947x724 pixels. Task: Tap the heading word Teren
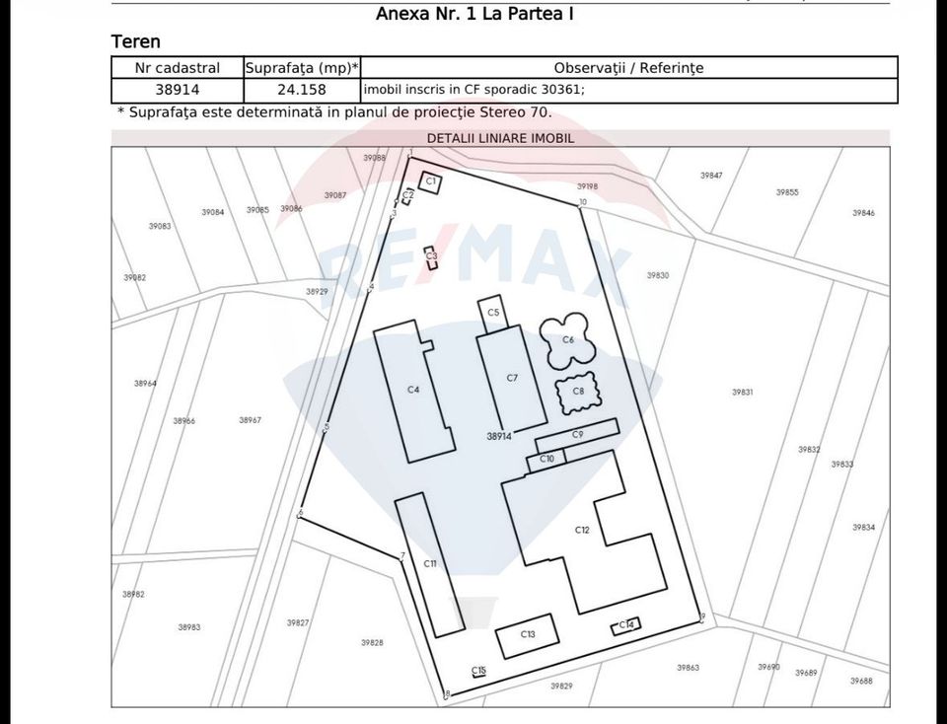(136, 41)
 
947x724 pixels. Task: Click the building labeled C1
(430, 182)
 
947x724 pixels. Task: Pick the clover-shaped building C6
(567, 339)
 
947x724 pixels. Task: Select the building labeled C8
(578, 392)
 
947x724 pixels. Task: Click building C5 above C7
(493, 313)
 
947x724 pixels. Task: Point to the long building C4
(413, 390)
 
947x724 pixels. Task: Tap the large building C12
(582, 530)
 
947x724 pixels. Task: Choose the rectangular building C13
(528, 635)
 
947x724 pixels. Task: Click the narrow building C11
(430, 564)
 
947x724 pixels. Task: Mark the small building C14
(626, 624)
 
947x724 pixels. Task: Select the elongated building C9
(578, 434)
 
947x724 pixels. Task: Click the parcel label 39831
(743, 392)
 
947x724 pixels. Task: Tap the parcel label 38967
(250, 420)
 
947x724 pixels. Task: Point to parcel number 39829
(561, 686)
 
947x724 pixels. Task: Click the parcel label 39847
(711, 176)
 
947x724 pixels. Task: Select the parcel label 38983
(189, 627)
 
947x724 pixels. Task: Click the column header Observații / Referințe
(628, 68)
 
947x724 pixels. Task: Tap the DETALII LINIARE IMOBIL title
(500, 139)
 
